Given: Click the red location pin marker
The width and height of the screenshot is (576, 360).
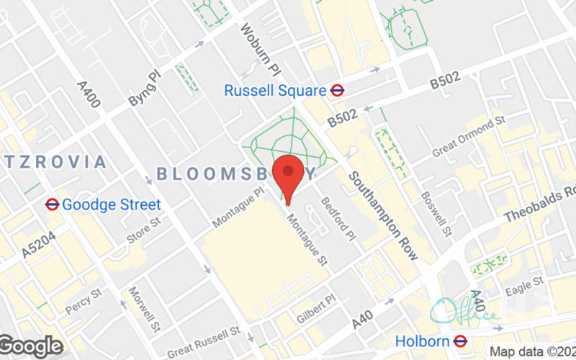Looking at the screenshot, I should (x=289, y=177).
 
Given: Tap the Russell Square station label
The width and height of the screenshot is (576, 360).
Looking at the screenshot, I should (x=274, y=91).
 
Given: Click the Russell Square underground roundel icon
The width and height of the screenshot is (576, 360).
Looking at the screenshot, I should (x=336, y=91).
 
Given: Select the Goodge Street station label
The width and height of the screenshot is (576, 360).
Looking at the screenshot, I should (x=112, y=204).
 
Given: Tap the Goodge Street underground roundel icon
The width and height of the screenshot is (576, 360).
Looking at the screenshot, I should (x=52, y=204).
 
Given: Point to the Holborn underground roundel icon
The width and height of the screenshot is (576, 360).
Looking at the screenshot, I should (x=462, y=341).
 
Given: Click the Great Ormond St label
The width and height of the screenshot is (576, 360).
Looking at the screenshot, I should (x=467, y=138).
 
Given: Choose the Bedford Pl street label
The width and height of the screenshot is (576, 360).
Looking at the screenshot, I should (x=338, y=219).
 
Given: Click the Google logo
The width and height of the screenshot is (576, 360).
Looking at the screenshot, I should (x=31, y=346).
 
